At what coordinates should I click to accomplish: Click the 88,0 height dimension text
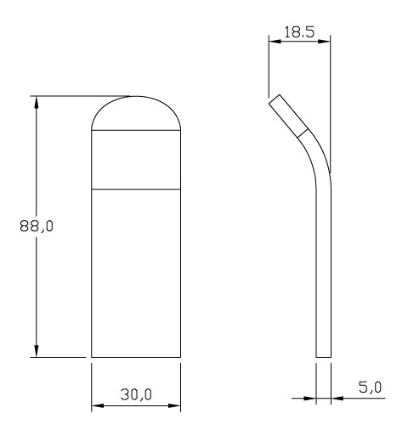[37, 226]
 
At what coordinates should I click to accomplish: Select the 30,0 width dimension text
[136, 394]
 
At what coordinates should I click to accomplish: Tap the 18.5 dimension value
[299, 32]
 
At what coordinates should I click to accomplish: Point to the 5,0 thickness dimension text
[370, 387]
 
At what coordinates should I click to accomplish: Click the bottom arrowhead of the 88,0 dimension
[36, 351]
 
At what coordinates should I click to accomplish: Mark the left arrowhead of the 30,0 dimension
[98, 405]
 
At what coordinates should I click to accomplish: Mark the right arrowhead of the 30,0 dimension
[174, 405]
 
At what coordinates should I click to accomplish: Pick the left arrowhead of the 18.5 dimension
[275, 42]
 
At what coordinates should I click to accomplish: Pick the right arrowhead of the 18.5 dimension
[324, 42]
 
